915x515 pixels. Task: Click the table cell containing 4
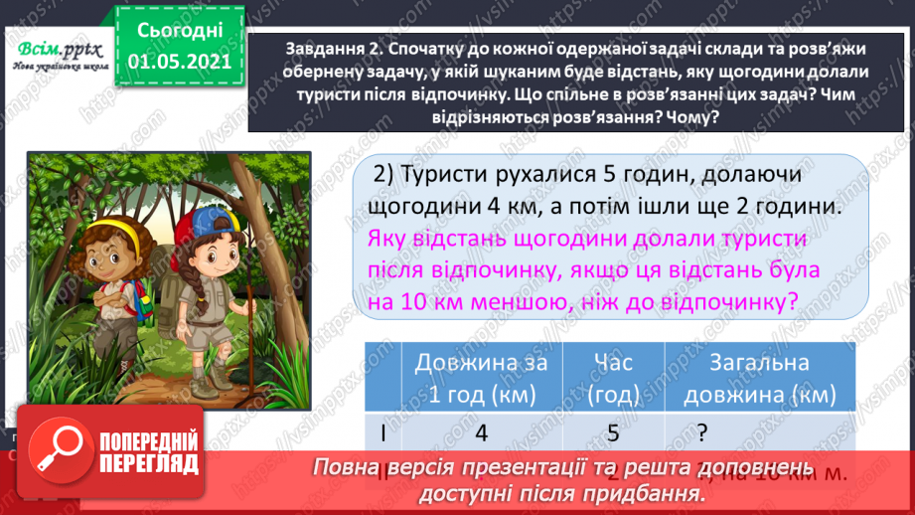[x=481, y=433]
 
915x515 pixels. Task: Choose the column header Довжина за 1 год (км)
[x=481, y=378]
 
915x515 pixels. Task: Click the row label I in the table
[x=382, y=433]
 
